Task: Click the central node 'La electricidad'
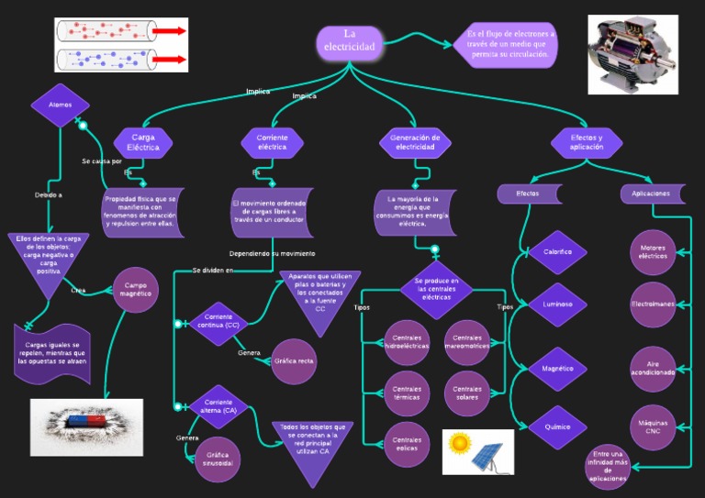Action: [x=350, y=41]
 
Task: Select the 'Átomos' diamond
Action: [x=60, y=105]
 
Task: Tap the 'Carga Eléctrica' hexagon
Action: [x=143, y=142]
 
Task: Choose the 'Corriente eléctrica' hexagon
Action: [x=272, y=142]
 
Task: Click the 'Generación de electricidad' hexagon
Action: [x=415, y=142]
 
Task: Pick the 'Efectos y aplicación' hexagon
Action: [x=587, y=142]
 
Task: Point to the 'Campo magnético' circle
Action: [x=136, y=290]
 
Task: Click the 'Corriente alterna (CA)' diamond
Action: [x=218, y=406]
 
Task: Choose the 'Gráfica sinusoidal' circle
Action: [x=218, y=459]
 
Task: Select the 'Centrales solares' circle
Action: [x=467, y=392]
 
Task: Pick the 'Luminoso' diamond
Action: [x=557, y=304]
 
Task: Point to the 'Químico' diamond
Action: [x=557, y=426]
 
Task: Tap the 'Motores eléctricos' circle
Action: [x=653, y=251]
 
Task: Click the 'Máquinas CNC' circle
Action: [x=653, y=426]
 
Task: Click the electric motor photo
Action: [x=632, y=54]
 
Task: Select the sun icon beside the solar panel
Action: [x=459, y=445]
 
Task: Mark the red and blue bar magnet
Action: [x=85, y=423]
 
